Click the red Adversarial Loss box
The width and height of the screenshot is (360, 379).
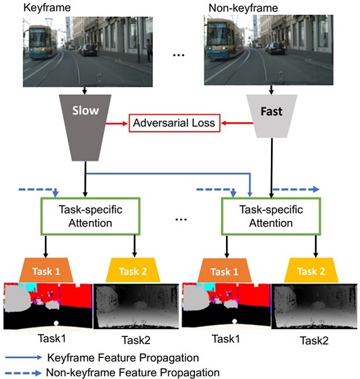click(174, 123)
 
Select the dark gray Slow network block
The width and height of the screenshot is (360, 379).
click(85, 128)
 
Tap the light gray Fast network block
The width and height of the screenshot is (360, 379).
click(272, 116)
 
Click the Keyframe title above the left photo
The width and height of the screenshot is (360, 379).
click(47, 8)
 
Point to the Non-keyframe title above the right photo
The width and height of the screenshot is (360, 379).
click(243, 8)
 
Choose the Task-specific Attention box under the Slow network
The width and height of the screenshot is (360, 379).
click(90, 216)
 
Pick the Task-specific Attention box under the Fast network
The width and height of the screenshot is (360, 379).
click(271, 216)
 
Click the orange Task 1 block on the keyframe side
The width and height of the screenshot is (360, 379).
click(46, 270)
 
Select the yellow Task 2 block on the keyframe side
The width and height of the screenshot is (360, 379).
click(133, 270)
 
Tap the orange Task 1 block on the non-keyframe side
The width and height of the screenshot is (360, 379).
click(225, 271)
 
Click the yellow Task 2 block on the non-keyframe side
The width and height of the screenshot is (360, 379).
click(311, 270)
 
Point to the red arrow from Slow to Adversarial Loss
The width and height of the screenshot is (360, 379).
click(116, 124)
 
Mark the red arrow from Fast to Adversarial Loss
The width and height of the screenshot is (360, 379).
click(237, 124)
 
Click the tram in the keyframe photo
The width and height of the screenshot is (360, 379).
click(41, 42)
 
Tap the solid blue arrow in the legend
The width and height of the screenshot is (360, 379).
click(23, 357)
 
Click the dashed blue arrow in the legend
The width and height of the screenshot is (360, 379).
click(23, 373)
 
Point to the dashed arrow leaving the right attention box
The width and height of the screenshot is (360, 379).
click(296, 189)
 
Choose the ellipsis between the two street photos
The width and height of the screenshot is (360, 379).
click(178, 55)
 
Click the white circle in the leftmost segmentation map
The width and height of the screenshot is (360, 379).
click(56, 323)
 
